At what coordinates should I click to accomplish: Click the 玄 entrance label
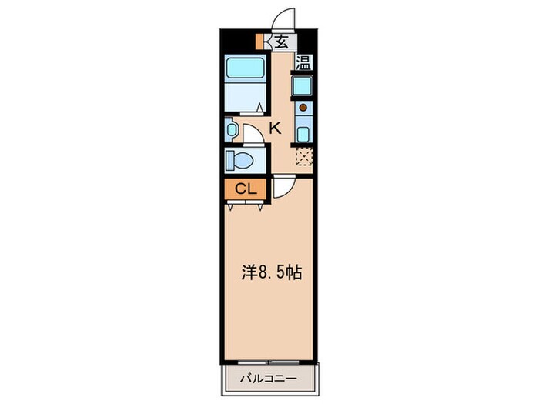click(x=282, y=42)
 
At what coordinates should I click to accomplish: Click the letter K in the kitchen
click(x=275, y=129)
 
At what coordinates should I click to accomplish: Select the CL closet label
click(x=245, y=188)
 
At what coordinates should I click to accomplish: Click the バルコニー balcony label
click(x=269, y=379)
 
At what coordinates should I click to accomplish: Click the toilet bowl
click(x=242, y=162)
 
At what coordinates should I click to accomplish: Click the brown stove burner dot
click(x=303, y=108)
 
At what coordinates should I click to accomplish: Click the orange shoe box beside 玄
click(x=260, y=41)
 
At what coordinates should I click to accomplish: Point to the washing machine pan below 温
click(x=303, y=86)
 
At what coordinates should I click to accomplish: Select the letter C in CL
click(x=239, y=188)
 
